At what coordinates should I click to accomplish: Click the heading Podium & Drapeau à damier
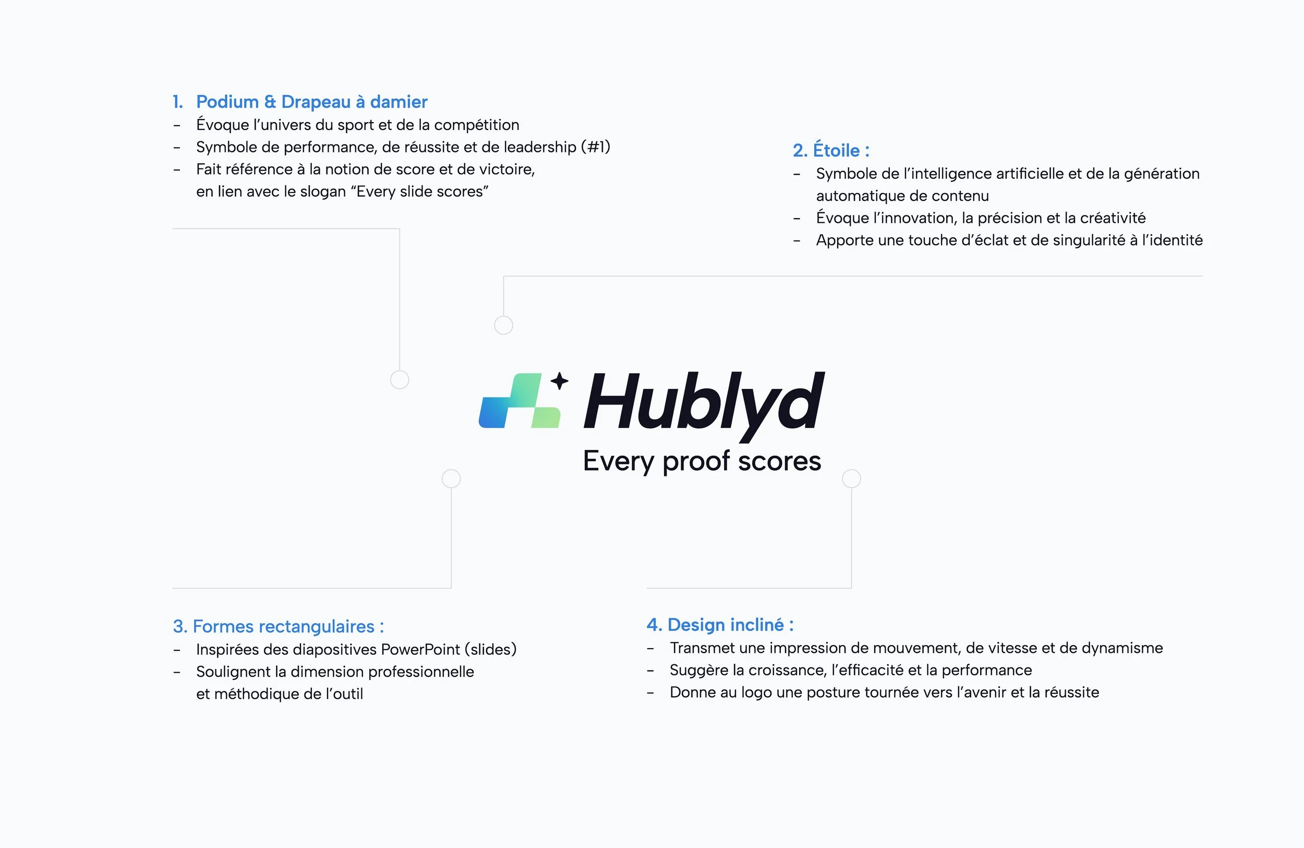311,102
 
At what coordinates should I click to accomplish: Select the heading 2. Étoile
830,150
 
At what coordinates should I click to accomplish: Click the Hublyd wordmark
704,403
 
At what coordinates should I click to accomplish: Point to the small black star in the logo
559,380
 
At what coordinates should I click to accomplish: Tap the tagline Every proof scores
702,461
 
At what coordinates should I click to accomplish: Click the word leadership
540,147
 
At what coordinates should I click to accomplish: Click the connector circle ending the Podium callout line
400,379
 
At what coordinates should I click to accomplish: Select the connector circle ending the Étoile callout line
503,325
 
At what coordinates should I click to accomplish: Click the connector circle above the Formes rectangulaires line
451,479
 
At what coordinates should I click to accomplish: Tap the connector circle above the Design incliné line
851,479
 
